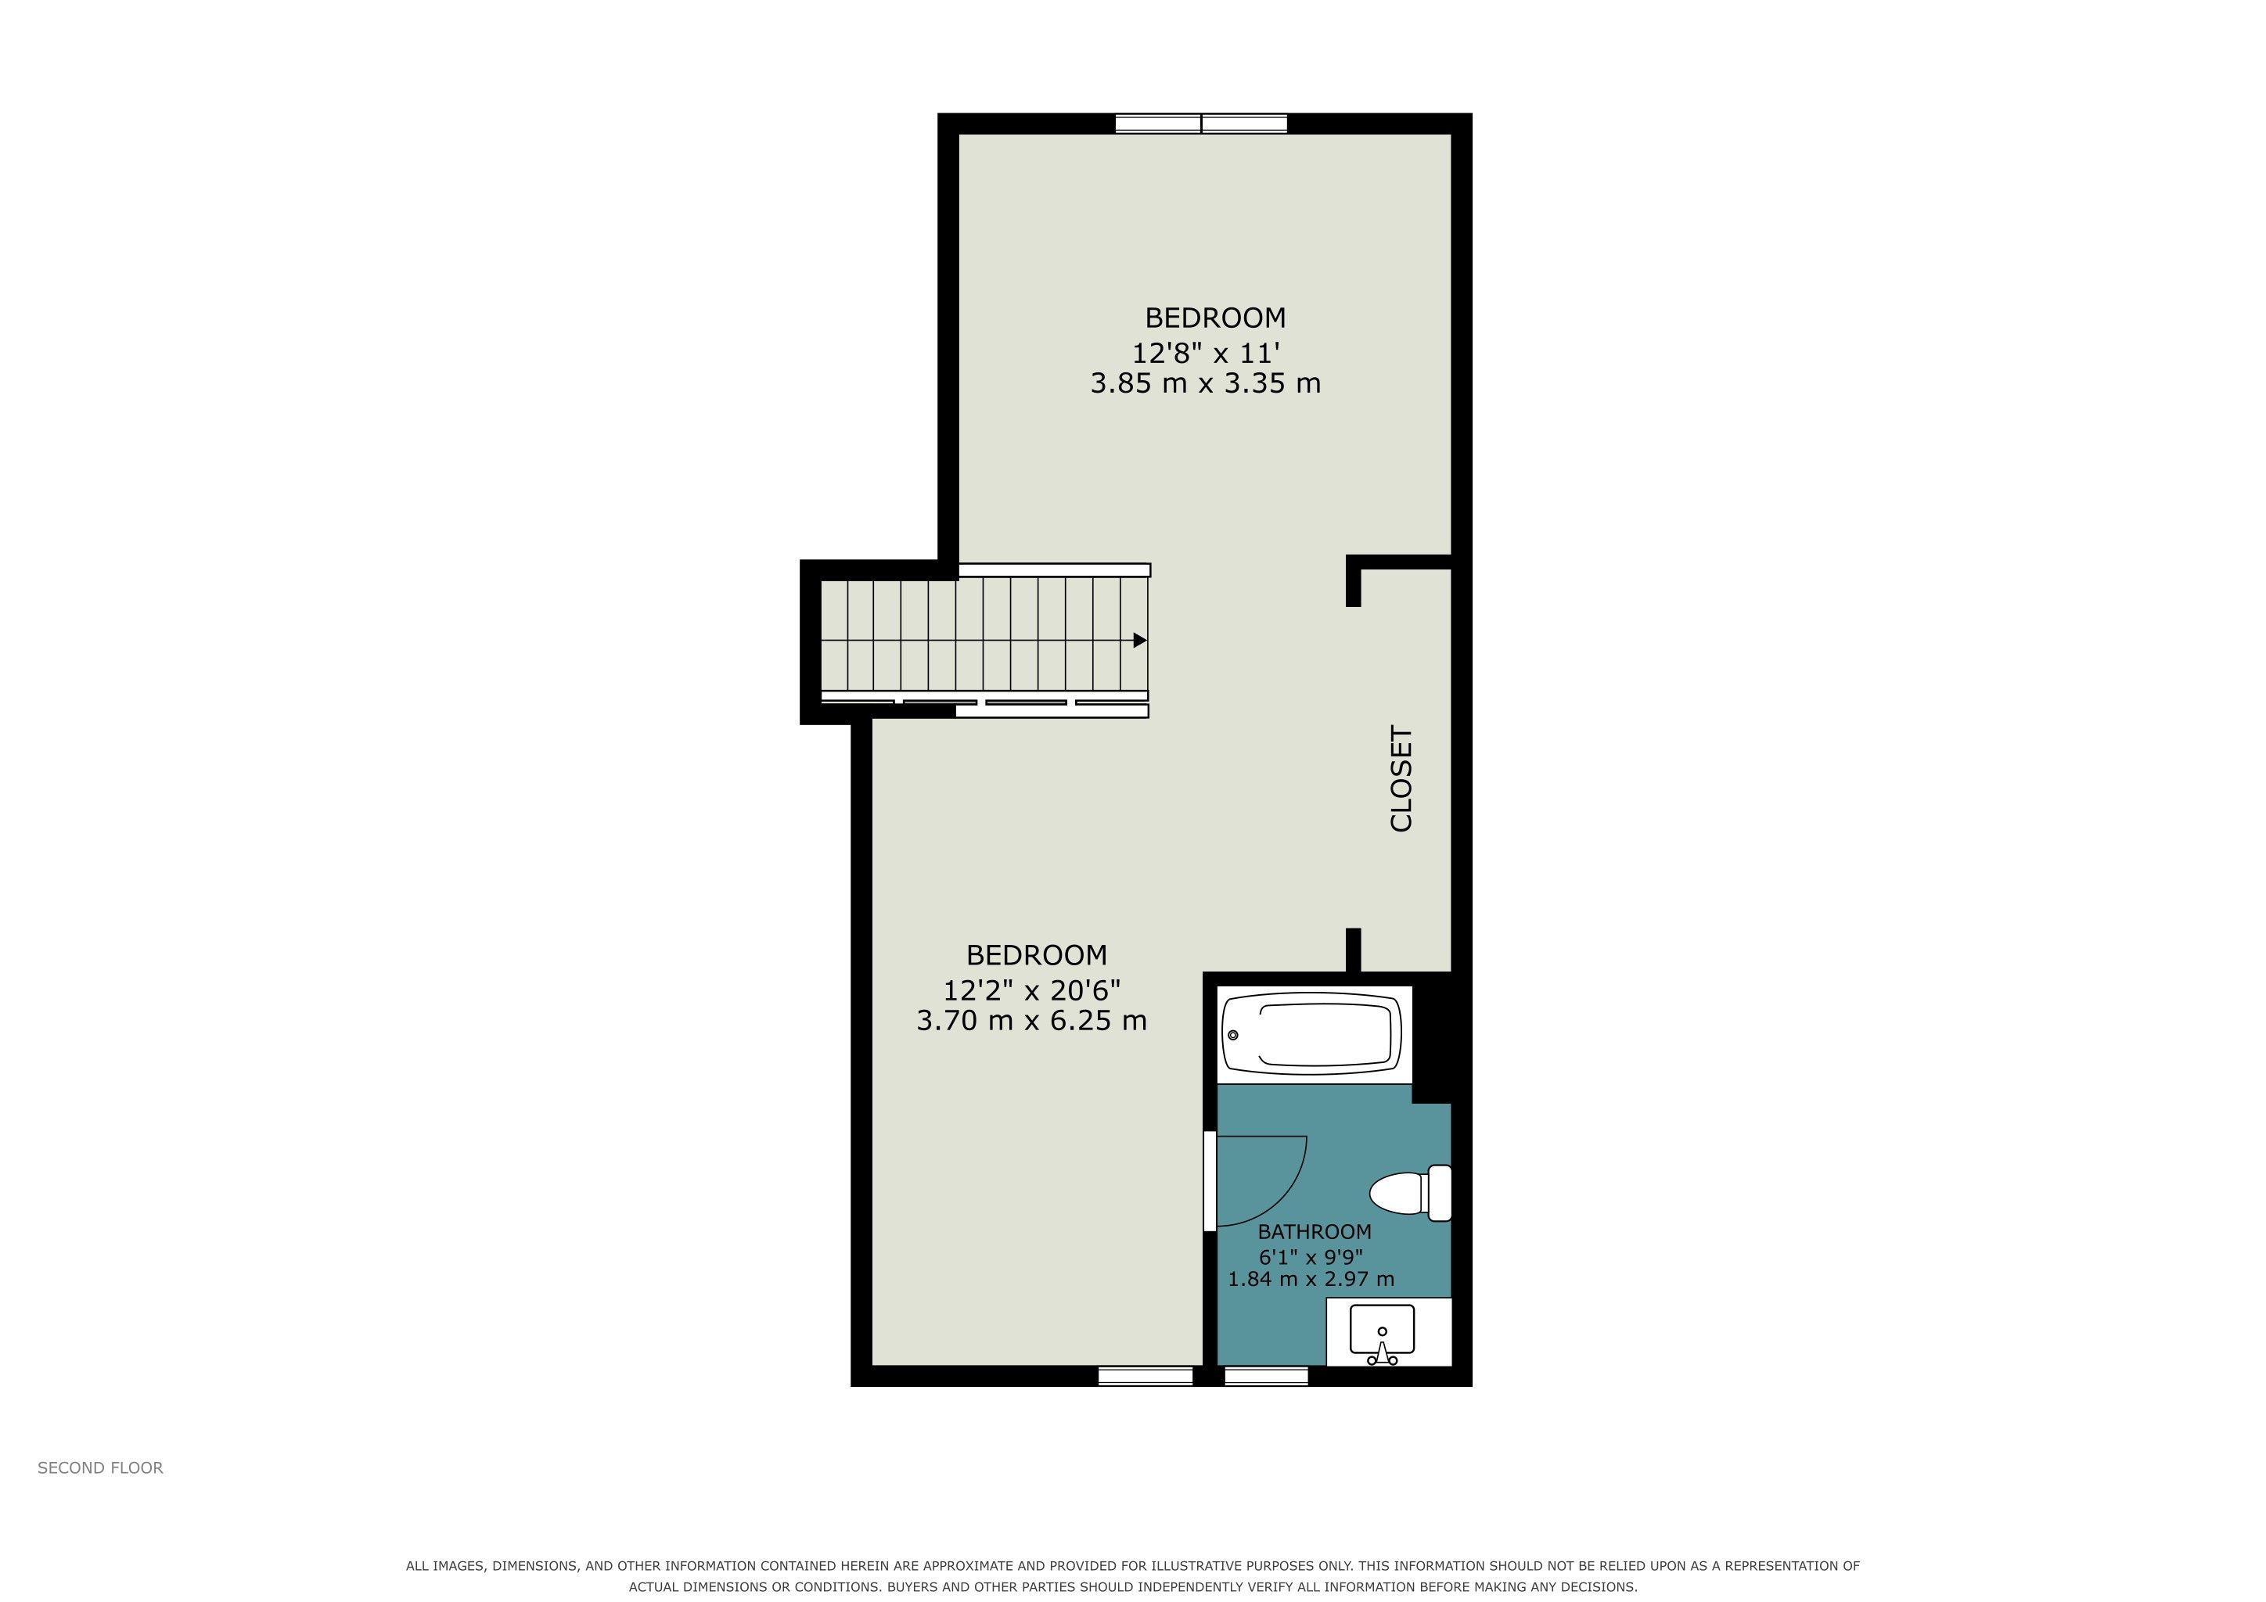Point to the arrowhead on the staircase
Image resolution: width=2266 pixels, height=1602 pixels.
[1140, 640]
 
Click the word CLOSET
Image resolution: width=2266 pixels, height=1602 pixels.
[1401, 779]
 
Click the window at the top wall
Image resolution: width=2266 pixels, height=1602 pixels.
[1201, 124]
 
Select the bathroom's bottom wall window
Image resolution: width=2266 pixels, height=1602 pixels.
[1266, 1376]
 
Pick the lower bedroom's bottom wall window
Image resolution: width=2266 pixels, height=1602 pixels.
[1146, 1376]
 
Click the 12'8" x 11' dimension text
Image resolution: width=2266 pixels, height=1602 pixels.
[1205, 352]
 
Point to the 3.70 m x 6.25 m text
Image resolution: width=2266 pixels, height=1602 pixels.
[1031, 1020]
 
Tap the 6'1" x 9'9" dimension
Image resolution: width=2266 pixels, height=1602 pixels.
[1311, 1258]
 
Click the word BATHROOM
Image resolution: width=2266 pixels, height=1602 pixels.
[1315, 1232]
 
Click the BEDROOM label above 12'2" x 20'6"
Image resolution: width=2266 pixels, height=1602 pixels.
[1036, 955]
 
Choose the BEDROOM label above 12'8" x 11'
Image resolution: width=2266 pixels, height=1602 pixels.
[1215, 318]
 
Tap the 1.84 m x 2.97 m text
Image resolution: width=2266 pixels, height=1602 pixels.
[1311, 1280]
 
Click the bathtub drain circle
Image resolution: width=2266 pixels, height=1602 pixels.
[1232, 1035]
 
